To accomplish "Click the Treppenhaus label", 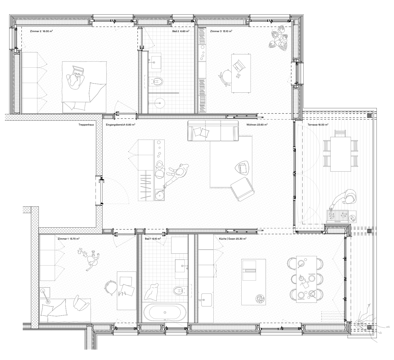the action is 86,125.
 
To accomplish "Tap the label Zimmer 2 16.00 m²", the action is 41,31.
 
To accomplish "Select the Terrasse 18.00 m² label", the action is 318,125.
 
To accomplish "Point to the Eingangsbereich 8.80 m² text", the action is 120,125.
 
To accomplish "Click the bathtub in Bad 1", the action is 165,312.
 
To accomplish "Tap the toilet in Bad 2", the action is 156,81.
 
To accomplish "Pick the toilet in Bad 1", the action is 180,290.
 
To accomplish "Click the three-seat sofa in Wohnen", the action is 213,130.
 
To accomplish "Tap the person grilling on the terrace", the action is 344,201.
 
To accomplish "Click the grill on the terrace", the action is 337,216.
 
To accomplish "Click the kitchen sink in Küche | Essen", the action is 206,300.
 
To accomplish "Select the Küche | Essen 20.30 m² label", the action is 233,239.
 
